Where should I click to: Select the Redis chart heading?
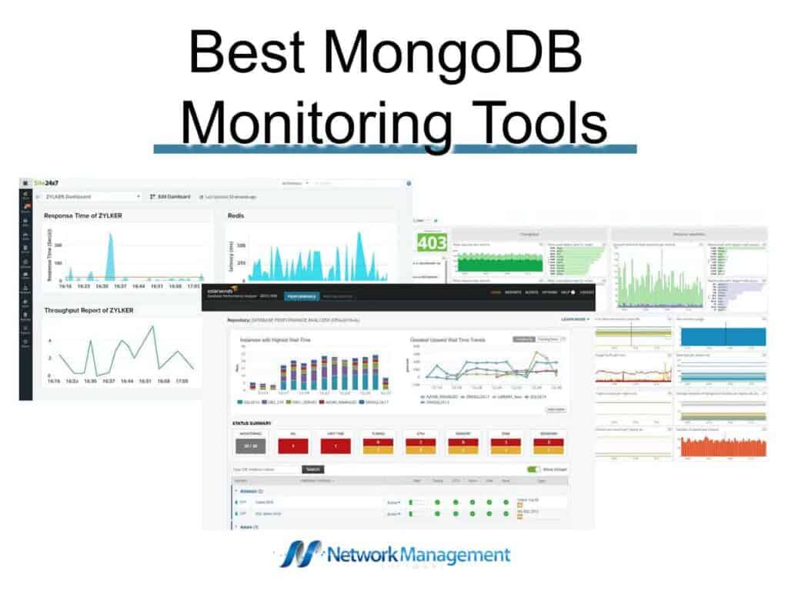[235, 215]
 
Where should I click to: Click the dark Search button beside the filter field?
[313, 469]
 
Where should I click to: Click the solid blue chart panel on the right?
[723, 336]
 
